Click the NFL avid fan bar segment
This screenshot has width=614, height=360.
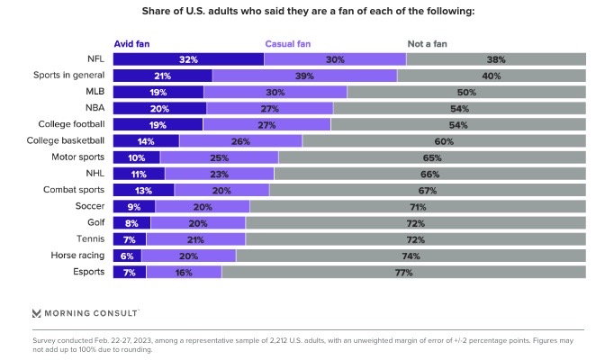click(188, 58)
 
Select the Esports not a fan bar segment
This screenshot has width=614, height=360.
click(404, 271)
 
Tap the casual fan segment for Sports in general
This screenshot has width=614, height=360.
click(304, 76)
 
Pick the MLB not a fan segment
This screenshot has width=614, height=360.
click(466, 92)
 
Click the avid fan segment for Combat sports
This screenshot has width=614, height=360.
click(144, 190)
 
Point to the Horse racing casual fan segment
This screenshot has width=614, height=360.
click(189, 255)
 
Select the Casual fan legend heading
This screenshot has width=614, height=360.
click(289, 42)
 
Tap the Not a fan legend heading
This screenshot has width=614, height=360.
click(428, 42)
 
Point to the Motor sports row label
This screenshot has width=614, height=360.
click(81, 157)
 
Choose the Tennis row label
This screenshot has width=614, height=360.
click(91, 238)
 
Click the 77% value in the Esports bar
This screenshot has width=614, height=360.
click(403, 271)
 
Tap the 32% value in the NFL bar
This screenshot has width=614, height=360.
click(188, 58)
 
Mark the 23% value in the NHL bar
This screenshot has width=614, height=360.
click(219, 174)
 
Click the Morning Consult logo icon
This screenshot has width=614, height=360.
click(36, 312)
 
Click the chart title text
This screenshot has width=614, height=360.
click(307, 12)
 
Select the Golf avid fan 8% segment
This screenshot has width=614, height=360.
click(131, 222)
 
